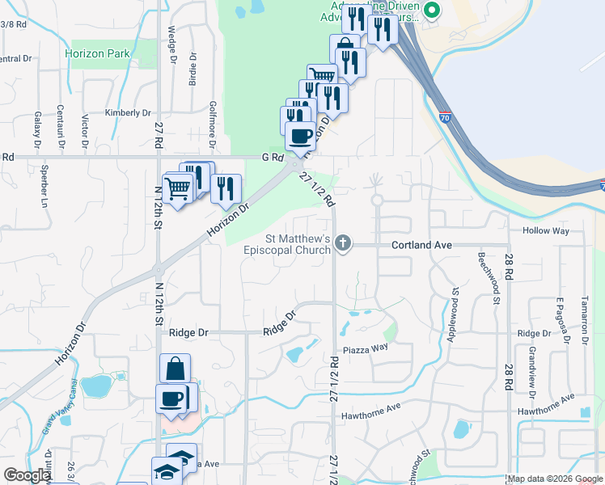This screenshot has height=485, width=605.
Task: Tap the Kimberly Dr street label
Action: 128,113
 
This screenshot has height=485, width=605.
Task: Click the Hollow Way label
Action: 546,231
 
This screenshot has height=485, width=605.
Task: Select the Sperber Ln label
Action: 43,185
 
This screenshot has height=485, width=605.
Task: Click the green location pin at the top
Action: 432,10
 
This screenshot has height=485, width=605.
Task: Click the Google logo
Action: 27,475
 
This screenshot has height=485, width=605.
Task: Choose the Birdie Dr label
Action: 192,70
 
